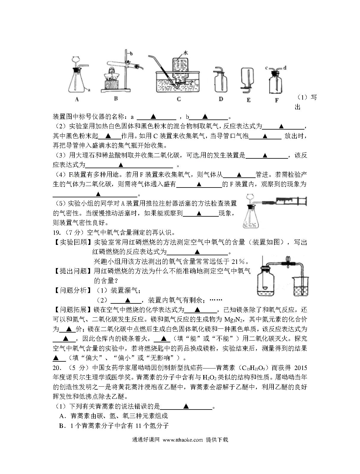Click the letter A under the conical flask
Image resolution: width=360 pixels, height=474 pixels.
click(77, 99)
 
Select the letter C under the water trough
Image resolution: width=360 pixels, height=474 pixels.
click(178, 99)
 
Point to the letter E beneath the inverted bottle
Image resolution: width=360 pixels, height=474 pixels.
click(249, 100)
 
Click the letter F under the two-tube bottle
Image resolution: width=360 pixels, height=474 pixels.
click(276, 100)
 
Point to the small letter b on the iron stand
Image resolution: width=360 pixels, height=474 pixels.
click(131, 53)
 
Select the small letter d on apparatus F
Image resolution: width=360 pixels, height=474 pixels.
click(284, 68)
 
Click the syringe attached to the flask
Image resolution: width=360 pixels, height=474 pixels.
click(290, 201)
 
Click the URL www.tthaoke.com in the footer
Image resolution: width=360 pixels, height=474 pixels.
click(183, 440)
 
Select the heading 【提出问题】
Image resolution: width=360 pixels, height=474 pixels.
click(73, 271)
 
